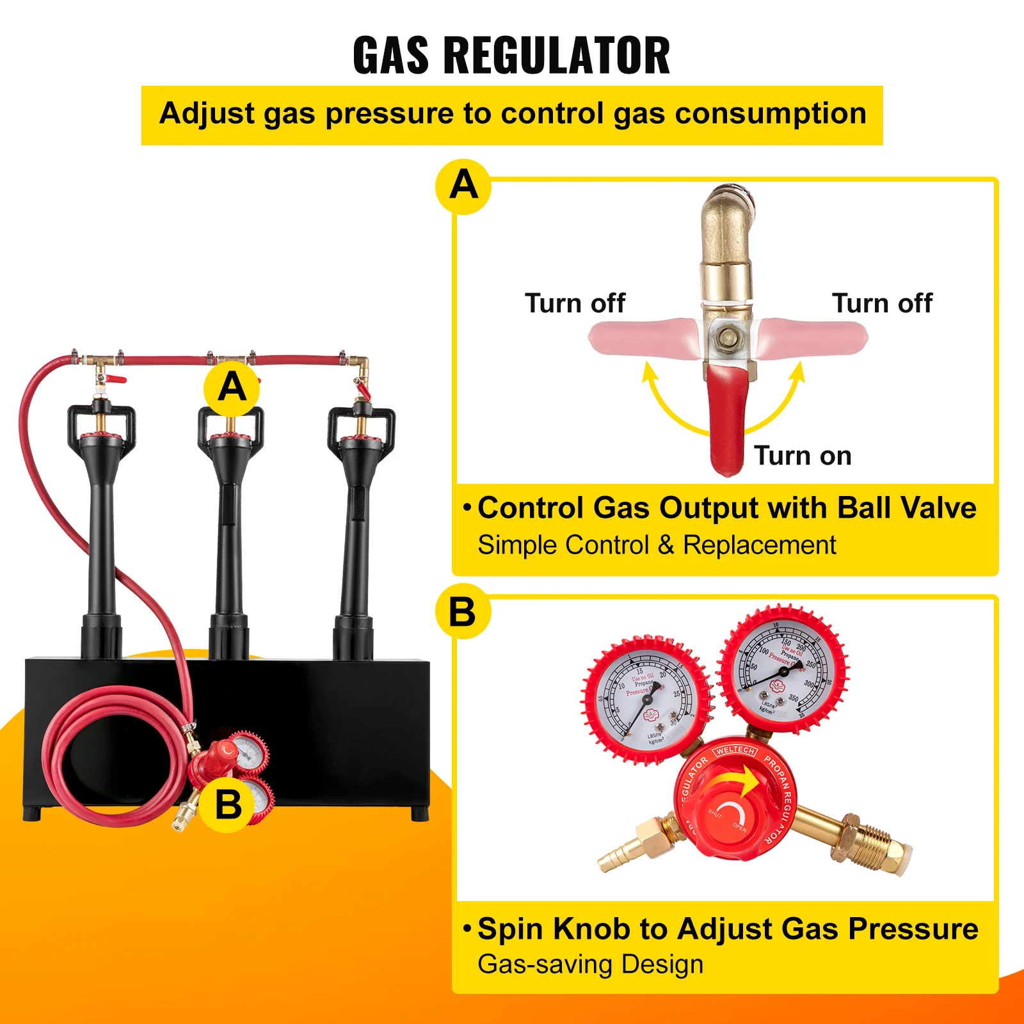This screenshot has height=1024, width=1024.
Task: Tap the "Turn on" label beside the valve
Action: [x=803, y=456]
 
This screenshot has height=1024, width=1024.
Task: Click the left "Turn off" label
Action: [x=575, y=303]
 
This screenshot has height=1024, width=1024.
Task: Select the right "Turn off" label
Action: [x=882, y=303]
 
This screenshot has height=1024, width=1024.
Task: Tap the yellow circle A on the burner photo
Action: [x=232, y=388]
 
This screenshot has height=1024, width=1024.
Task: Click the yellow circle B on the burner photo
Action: [x=228, y=804]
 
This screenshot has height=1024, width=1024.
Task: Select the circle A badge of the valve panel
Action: [x=463, y=186]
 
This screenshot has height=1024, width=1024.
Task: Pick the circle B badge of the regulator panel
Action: [x=463, y=611]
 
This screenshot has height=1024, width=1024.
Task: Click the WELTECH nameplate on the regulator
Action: [x=735, y=750]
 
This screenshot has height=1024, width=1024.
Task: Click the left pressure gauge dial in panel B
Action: [x=648, y=700]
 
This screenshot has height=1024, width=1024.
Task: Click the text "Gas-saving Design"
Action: [x=590, y=964]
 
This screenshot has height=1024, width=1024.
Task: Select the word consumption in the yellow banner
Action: [x=771, y=114]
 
